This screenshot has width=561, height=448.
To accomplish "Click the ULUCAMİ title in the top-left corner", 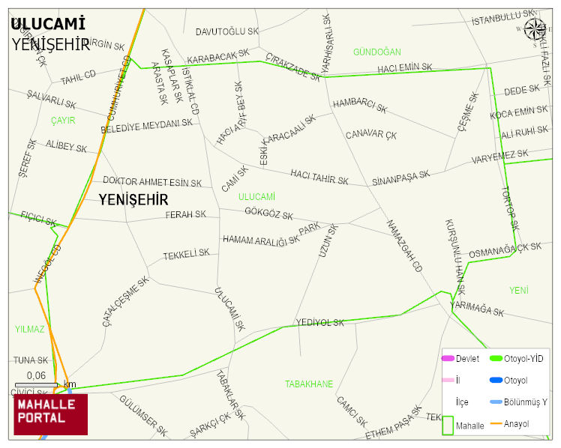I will click(x=48, y=25).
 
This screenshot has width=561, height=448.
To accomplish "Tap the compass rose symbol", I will click(x=535, y=29).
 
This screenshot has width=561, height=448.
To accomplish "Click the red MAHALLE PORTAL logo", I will click(x=50, y=414).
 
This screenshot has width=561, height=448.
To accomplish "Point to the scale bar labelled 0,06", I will click(x=36, y=384).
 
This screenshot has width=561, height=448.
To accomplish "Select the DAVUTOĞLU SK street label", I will click(x=226, y=31).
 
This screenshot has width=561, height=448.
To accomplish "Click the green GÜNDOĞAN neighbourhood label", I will click(x=376, y=52).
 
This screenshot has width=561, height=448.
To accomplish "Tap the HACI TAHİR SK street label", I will click(x=319, y=176).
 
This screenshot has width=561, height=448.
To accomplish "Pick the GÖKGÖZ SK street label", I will click(x=268, y=214).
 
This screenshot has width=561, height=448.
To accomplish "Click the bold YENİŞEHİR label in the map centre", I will click(x=133, y=199).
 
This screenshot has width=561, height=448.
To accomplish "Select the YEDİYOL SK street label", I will click(x=319, y=323).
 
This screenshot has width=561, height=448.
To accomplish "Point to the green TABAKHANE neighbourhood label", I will click(x=308, y=384).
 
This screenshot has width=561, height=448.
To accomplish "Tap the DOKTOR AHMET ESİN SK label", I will click(x=152, y=182).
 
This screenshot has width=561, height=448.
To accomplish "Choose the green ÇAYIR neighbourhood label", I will click(x=63, y=120).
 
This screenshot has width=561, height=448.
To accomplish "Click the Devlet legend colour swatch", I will click(x=448, y=359).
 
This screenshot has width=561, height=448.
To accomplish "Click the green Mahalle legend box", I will click(x=448, y=424).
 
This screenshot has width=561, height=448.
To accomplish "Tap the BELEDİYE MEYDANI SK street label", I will click(x=146, y=127).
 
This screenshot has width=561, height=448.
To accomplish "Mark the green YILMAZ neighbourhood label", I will click(x=30, y=329).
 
